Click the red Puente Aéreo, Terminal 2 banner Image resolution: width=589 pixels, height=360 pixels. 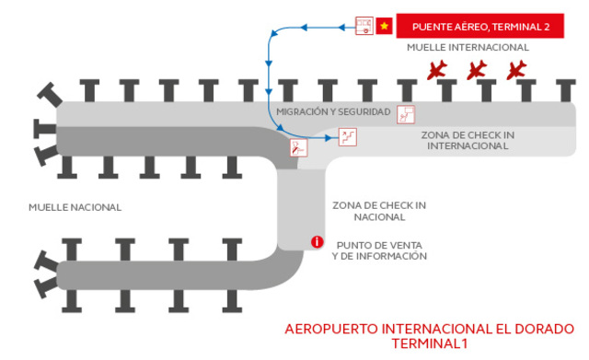tap(480, 27)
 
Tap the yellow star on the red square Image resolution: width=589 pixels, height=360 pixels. tap(385, 26)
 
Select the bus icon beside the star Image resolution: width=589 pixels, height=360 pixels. tap(364, 26)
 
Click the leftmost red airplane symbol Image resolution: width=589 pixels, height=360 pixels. tap(437, 69)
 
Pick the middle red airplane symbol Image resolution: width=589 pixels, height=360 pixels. tap(477, 69)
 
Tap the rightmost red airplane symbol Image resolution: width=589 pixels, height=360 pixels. tap(517, 69)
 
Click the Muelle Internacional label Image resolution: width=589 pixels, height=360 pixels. tap(468, 47)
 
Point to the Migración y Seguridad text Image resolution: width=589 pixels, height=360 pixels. tap(333, 112)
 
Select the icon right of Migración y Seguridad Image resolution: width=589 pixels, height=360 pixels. tap(407, 114)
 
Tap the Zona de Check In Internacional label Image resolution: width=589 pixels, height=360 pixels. tap(468, 140)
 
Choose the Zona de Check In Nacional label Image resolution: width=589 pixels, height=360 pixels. tap(378, 211)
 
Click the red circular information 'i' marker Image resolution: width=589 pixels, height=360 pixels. tap(318, 242)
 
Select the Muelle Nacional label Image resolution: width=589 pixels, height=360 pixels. tap(75, 207)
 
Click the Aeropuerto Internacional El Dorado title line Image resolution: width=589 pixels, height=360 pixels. tap(429, 329)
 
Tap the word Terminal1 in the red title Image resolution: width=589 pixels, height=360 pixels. tap(430, 344)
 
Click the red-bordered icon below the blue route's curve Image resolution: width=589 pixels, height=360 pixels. tap(298, 147)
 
